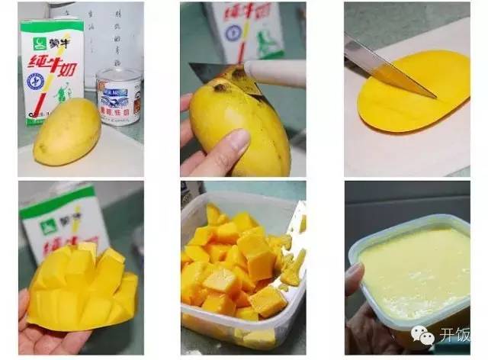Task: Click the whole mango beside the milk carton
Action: [x=67, y=137]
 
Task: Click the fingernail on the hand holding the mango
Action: [x=239, y=139]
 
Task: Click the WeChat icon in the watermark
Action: [x=422, y=334]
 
